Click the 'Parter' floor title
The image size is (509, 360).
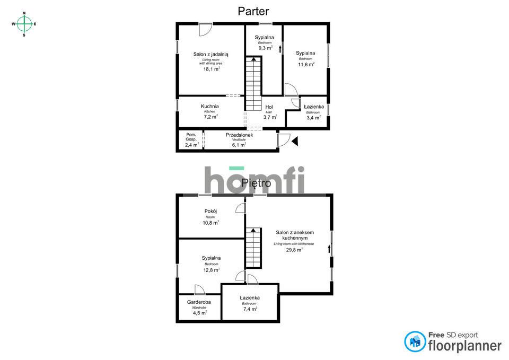click(x=253, y=11)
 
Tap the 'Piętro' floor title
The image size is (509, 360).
click(x=256, y=183)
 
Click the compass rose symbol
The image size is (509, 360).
click(x=24, y=24)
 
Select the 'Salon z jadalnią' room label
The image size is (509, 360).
click(x=210, y=54)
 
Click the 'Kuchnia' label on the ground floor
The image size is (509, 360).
click(x=210, y=106)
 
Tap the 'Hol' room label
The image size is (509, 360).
click(x=269, y=107)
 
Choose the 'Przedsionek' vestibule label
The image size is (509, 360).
click(x=239, y=135)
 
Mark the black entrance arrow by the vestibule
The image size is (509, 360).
click(x=295, y=141)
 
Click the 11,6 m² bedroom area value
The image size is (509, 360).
click(x=305, y=64)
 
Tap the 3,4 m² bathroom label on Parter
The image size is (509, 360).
click(x=313, y=117)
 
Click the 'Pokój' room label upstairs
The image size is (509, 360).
click(x=211, y=211)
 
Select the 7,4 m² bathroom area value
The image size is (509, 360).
click(x=249, y=309)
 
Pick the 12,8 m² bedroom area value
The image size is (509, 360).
click(x=211, y=269)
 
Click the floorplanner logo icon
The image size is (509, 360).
click(x=415, y=341)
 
